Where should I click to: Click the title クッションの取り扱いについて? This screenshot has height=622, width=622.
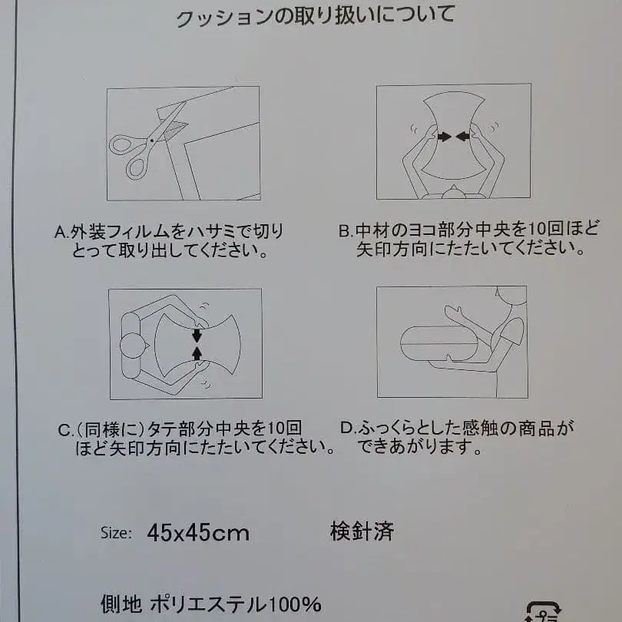point(315,16)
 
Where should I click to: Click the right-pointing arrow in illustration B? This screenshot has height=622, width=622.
point(443,137)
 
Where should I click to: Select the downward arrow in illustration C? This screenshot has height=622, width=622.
point(197,335)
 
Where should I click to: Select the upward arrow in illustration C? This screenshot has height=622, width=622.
point(197,352)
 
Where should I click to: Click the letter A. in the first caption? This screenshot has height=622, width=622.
point(62,232)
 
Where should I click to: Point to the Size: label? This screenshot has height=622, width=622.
point(116,533)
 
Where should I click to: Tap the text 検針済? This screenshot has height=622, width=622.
point(362,531)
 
